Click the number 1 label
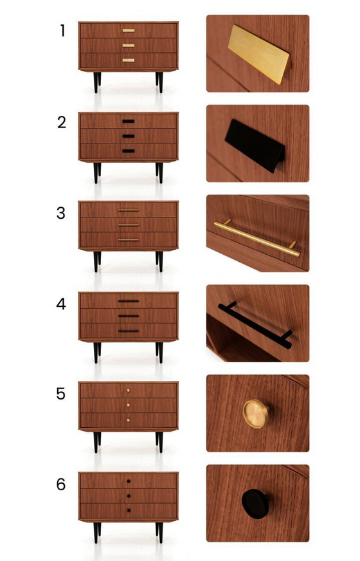click(62, 31)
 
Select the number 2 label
click(62, 122)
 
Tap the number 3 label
click(61, 213)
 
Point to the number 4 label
click(61, 304)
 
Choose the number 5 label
click(61, 394)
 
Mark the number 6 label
click(61, 484)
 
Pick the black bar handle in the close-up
click(255, 325)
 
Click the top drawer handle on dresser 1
click(129, 30)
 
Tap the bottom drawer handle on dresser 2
click(129, 151)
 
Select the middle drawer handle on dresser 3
click(129, 225)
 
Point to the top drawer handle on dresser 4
click(129, 301)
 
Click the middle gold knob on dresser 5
click(129, 405)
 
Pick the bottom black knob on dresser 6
click(129, 510)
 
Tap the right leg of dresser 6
click(159, 531)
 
